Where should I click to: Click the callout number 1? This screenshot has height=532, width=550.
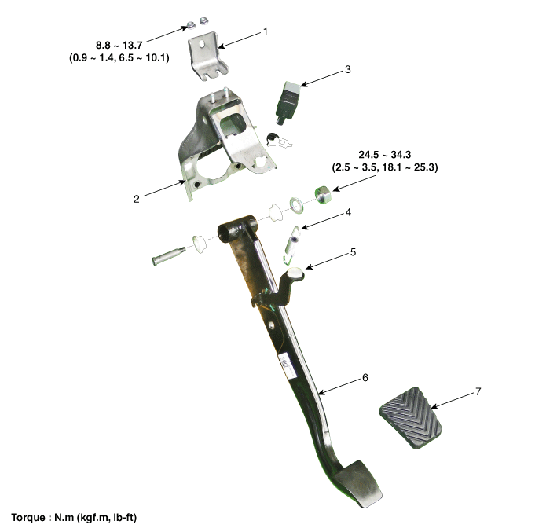coord(266,31)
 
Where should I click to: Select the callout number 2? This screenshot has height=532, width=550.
coord(137,199)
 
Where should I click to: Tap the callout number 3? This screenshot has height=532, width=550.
coord(347,69)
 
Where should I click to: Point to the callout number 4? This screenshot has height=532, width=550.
coord(348,212)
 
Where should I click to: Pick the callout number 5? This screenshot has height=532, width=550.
coord(353,252)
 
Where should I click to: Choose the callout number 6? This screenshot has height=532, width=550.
coord(365,378)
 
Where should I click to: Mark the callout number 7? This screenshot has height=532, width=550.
coord(478,391)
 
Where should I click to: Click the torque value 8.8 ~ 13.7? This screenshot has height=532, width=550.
coord(119,46)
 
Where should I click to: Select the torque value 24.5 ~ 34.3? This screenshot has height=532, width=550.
coord(385,155)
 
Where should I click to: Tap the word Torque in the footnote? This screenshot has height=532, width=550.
coord(28,518)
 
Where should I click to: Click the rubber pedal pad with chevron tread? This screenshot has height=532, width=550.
coord(410,418)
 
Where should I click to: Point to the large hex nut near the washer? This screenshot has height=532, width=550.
coord(323,195)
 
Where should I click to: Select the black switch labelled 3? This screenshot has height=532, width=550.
coord(288,102)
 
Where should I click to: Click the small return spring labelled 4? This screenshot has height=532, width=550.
coord(292,243)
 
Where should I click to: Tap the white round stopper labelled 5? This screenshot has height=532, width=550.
coord(295,273)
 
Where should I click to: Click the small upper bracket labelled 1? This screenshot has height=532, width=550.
coord(208,56)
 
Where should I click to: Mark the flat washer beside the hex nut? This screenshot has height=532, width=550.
coord(296,205)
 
